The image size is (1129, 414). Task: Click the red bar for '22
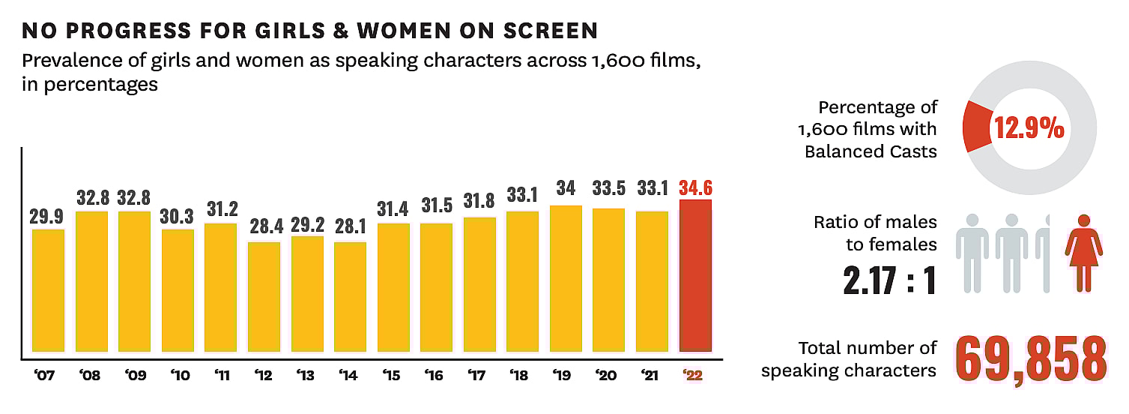tap(695, 275)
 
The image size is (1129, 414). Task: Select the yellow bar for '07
tap(48, 290)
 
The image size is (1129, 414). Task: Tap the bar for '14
tap(350, 297)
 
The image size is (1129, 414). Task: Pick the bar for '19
tap(566, 278)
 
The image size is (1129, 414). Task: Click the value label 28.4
tap(264, 226)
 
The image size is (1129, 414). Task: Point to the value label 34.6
tap(695, 187)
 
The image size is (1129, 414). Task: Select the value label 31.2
tap(222, 209)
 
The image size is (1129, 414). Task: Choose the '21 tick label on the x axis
tap(652, 375)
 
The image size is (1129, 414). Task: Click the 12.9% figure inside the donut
tap(1029, 129)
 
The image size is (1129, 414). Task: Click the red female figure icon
tap(1083, 251)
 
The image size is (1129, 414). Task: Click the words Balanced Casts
tap(871, 151)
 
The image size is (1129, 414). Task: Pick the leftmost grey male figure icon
tap(973, 252)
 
